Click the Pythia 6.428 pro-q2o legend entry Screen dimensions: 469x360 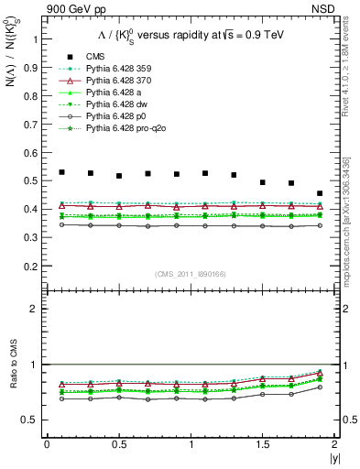115,129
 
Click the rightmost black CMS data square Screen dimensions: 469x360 320,193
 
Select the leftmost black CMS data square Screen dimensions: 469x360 61,172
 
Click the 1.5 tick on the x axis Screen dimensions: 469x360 262,444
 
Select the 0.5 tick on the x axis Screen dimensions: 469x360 118,444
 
